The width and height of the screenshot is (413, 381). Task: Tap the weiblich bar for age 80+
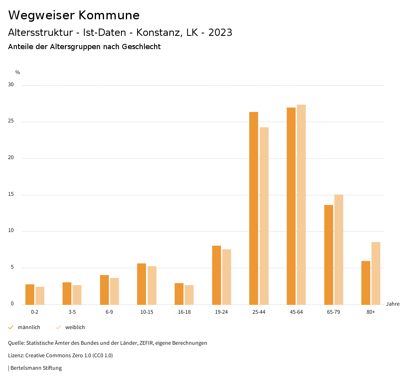376,273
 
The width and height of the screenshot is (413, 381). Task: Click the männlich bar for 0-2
30,294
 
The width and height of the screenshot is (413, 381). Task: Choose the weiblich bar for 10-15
152,286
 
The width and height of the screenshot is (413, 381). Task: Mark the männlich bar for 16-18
179,294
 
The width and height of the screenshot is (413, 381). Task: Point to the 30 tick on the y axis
11,85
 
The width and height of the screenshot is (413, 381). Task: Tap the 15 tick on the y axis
11,195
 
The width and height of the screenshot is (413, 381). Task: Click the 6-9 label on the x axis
109,312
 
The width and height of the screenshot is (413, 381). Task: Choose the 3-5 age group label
72,312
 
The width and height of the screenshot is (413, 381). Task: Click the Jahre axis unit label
393,304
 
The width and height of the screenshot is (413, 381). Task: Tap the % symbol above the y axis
18,72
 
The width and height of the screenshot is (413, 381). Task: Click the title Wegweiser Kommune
74,15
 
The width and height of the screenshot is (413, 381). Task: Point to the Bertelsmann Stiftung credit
36,368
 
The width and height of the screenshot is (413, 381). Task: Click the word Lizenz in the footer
16,356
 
